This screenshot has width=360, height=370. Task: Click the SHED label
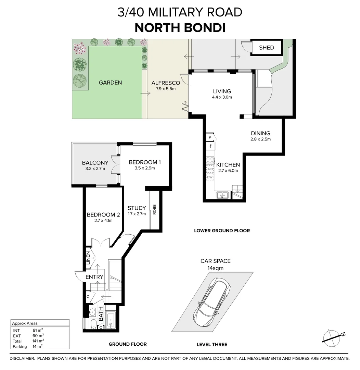click(266, 48)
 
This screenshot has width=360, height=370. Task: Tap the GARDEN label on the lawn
click(110, 83)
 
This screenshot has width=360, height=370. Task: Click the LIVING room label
click(222, 91)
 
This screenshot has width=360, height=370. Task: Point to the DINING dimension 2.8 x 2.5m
click(260, 139)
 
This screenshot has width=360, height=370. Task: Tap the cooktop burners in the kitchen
click(210, 161)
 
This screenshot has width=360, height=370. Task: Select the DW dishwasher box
click(210, 177)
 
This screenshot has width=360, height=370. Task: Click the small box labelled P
click(210, 137)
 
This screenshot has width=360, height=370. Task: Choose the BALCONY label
click(95, 163)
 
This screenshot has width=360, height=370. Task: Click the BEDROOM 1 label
click(145, 162)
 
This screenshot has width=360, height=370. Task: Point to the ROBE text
click(155, 209)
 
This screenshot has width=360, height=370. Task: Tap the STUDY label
click(137, 208)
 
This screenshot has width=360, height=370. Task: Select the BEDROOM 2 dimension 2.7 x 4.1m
click(103, 221)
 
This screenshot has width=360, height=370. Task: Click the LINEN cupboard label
click(88, 258)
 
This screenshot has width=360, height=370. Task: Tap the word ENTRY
click(94, 277)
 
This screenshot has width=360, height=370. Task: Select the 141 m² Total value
click(38, 341)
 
